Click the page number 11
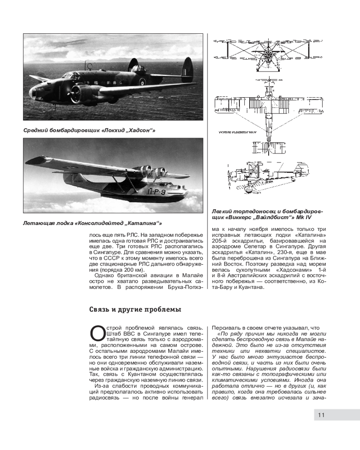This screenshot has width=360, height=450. [x=321, y=415]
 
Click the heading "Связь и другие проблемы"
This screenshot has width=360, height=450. [x=135, y=310]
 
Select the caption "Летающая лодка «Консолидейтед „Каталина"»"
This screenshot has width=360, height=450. [x=92, y=223]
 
